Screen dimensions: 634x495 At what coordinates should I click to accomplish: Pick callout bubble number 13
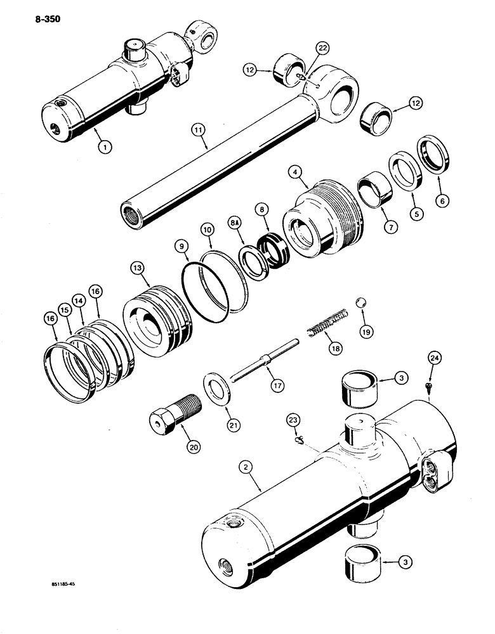(x=137, y=269)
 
